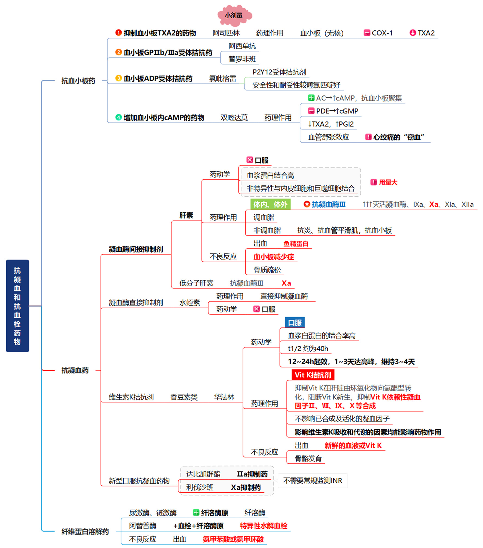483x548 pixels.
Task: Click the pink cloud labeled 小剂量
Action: click(x=234, y=15)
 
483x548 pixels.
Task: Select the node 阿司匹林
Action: click(x=226, y=33)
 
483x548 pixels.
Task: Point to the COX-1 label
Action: click(x=382, y=33)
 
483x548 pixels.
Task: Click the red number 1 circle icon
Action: click(x=118, y=33)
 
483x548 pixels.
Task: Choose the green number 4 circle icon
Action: click(x=118, y=117)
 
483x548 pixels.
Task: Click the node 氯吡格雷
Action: click(x=222, y=79)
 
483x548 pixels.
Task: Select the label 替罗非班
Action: click(x=242, y=59)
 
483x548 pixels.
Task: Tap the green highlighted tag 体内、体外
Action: click(x=270, y=204)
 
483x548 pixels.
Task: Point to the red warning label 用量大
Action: click(x=388, y=182)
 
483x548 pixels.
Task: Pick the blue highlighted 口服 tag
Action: click(x=294, y=322)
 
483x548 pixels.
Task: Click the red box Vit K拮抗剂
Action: click(x=313, y=375)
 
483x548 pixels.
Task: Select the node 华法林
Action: click(x=224, y=397)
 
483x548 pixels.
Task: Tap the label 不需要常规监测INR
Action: click(x=312, y=480)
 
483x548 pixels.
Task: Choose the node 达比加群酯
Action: click(x=203, y=474)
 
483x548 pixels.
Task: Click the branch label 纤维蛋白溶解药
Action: click(x=85, y=531)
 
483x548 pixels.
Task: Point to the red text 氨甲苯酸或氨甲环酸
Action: click(x=233, y=539)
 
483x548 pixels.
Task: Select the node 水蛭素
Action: click(x=189, y=303)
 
